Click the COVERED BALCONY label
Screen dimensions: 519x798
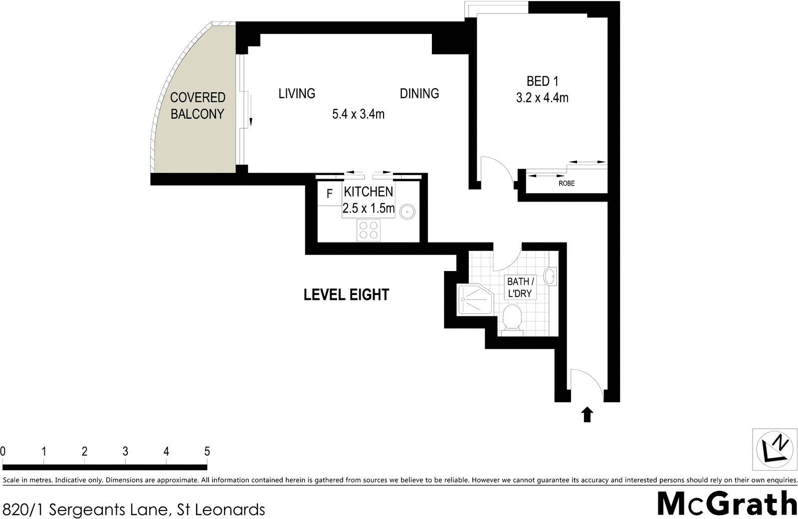point(198,105)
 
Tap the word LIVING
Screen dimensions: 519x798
point(297,93)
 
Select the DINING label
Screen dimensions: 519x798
point(419,93)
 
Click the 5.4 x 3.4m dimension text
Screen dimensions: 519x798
point(358,114)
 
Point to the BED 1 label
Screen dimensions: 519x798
point(542,81)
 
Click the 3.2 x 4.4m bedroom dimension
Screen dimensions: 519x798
point(542,98)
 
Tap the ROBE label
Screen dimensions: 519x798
point(567,184)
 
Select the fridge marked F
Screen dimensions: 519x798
point(329,194)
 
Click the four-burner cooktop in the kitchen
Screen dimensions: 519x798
point(369,230)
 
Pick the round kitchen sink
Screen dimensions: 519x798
point(407,211)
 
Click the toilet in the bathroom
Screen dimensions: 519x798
point(512,318)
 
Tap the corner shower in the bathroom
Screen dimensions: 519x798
point(474,299)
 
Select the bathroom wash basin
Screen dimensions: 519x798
point(550,276)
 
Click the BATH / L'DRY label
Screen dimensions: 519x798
point(520,287)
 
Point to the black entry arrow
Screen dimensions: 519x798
point(587,414)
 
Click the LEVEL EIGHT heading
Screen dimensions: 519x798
point(346,295)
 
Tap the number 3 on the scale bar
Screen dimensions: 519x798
point(125,452)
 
